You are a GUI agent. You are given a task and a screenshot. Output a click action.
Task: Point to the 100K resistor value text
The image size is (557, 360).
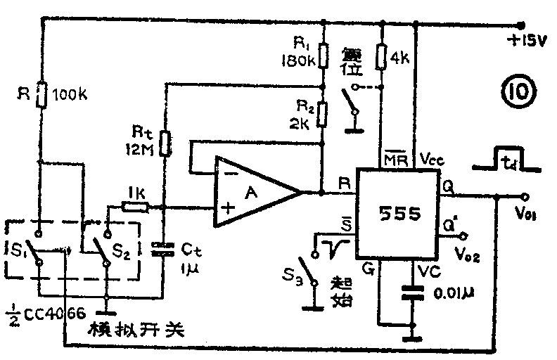tap(71, 94)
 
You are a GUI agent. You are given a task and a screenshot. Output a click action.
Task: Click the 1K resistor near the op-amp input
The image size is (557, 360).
tap(134, 207)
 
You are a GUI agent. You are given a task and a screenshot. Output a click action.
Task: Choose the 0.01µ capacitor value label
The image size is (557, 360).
tap(447, 292)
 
